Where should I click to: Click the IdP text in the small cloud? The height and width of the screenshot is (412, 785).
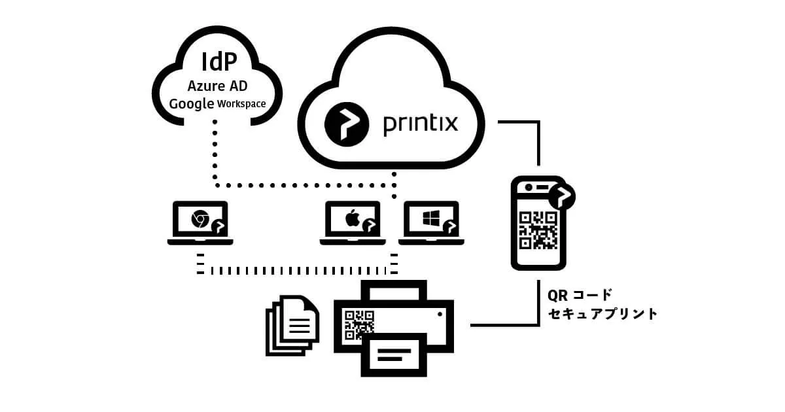click(218, 63)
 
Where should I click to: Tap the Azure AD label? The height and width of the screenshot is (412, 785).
click(217, 86)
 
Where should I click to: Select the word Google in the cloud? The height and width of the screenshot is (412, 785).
click(192, 103)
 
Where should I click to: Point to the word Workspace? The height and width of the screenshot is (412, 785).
click(242, 104)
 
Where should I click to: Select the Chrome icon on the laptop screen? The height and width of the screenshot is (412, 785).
click(200, 220)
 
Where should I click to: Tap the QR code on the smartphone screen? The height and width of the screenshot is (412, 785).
click(538, 231)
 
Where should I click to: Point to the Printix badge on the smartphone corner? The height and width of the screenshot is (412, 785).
click(562, 195)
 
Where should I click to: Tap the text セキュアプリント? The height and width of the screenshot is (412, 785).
click(602, 314)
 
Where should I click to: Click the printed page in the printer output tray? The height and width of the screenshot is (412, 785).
click(394, 355)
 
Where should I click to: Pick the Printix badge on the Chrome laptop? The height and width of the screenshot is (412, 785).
click(218, 227)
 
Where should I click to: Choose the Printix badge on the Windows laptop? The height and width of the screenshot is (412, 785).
click(450, 227)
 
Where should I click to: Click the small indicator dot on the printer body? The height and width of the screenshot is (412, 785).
click(440, 315)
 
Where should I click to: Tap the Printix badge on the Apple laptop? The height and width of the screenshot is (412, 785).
click(371, 227)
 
